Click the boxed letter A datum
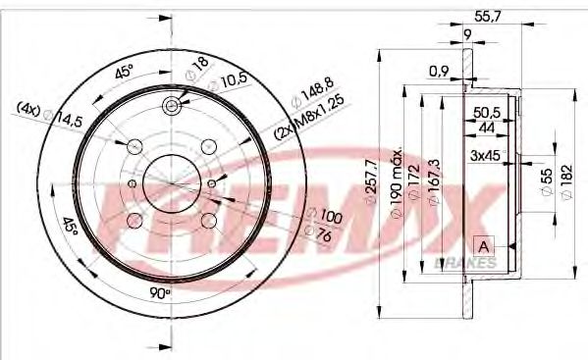click(483, 244)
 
